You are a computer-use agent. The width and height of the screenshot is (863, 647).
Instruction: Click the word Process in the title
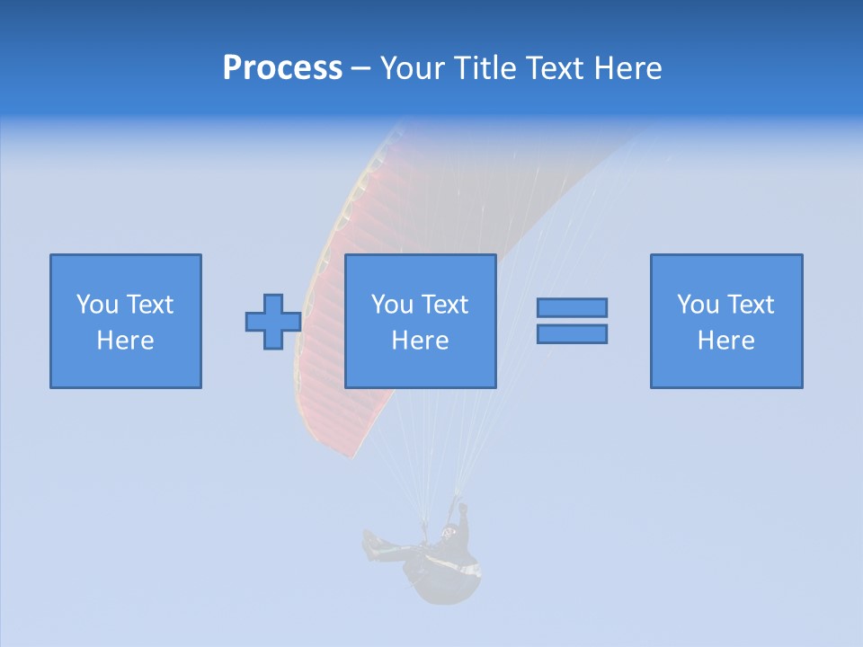click(x=282, y=68)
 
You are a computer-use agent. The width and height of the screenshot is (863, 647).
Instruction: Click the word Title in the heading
click(x=485, y=68)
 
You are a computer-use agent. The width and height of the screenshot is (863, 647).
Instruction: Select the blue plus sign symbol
click(x=273, y=322)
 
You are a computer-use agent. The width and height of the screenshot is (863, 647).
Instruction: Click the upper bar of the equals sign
click(x=572, y=307)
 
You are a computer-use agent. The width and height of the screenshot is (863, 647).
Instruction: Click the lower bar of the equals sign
click(x=572, y=334)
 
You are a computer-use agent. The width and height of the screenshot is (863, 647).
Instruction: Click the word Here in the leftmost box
click(x=126, y=341)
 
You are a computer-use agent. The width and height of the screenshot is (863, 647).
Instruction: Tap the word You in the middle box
click(x=392, y=305)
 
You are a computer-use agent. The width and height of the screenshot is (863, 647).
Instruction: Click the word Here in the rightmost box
click(x=726, y=341)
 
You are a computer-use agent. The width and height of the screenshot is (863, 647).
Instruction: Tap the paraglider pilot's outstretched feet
click(x=369, y=542)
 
